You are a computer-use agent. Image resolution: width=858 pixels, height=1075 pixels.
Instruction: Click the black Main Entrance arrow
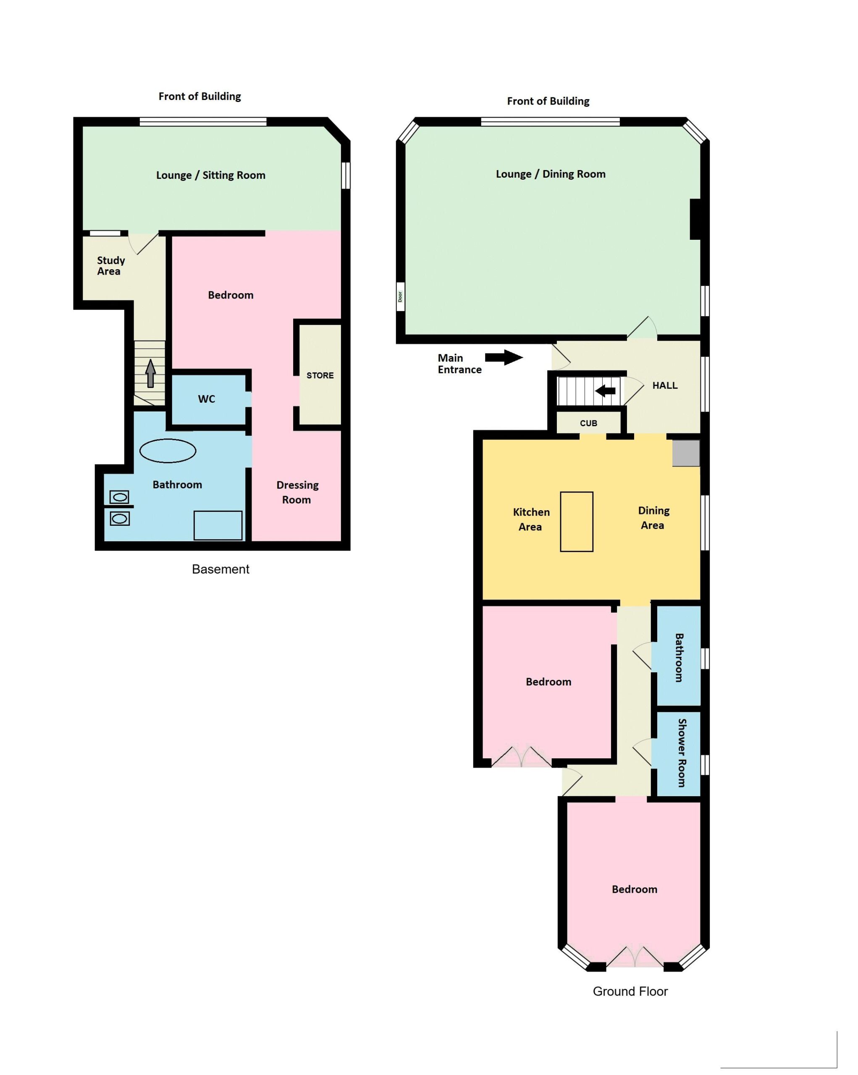pos(504,357)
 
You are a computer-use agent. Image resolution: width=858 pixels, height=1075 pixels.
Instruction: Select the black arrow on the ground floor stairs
pos(605,391)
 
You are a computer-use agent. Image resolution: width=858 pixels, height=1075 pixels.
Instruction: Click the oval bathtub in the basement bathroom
pos(168,451)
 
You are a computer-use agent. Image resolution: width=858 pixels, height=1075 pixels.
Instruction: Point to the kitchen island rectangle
pos(576,522)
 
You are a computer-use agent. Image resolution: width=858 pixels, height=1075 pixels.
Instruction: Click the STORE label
pos(320,375)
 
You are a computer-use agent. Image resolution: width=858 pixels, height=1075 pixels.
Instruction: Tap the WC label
pos(206,399)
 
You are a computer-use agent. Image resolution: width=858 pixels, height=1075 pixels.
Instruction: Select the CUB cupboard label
pos(588,423)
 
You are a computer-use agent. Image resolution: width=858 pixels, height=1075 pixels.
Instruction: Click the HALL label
pos(664,385)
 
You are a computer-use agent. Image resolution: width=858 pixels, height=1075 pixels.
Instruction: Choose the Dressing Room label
pos(297,492)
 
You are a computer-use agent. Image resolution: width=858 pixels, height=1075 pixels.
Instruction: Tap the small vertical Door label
pos(400,296)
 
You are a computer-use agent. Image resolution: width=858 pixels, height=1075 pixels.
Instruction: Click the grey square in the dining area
pos(686,453)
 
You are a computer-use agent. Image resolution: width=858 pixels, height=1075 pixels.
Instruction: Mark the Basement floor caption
pos(220,569)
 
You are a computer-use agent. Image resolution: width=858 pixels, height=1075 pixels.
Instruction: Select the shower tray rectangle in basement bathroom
pos(218,525)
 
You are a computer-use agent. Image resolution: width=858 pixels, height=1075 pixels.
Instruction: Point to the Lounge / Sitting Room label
pos(210,175)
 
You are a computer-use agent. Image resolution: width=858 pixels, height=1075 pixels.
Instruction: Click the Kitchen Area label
pos(531,519)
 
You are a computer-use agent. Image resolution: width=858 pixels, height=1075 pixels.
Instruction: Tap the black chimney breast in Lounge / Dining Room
pos(695,219)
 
